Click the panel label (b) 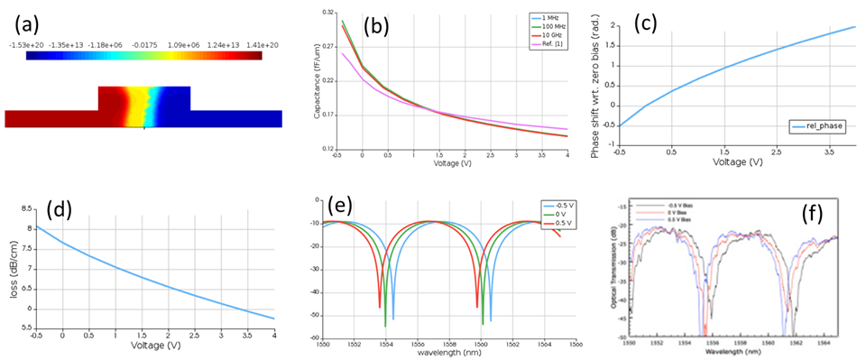(x=375, y=26)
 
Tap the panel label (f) (x=815, y=216)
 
